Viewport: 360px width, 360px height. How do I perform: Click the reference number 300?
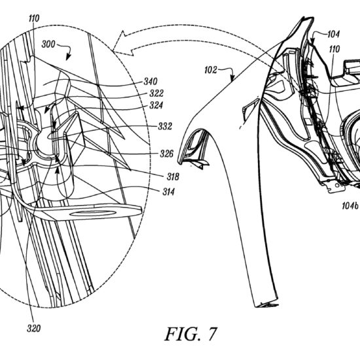[x=48, y=44]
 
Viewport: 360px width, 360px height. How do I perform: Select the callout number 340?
[x=151, y=81]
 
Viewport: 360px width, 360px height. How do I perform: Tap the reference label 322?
[x=156, y=93]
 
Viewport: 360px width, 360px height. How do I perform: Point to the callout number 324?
[x=156, y=105]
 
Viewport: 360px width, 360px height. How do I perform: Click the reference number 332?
[x=165, y=126]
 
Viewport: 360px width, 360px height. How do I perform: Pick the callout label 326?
[x=166, y=154]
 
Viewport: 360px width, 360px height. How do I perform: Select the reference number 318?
[x=173, y=177]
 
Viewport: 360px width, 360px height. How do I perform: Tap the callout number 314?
[x=168, y=192]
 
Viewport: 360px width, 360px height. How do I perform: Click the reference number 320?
[x=33, y=329]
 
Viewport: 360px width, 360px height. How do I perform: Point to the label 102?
[x=211, y=70]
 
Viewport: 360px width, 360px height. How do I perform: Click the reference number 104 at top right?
[x=333, y=34]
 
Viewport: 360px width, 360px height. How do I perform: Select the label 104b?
[x=350, y=206]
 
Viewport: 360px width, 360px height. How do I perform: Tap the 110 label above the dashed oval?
[x=34, y=18]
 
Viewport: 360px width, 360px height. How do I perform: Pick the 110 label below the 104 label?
[x=334, y=49]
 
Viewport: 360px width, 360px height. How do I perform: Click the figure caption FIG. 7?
[x=190, y=334]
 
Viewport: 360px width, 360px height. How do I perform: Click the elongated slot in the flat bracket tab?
[x=92, y=213]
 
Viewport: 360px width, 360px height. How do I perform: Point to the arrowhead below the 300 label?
[x=68, y=56]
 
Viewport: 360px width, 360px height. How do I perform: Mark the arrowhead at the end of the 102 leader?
[x=232, y=79]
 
